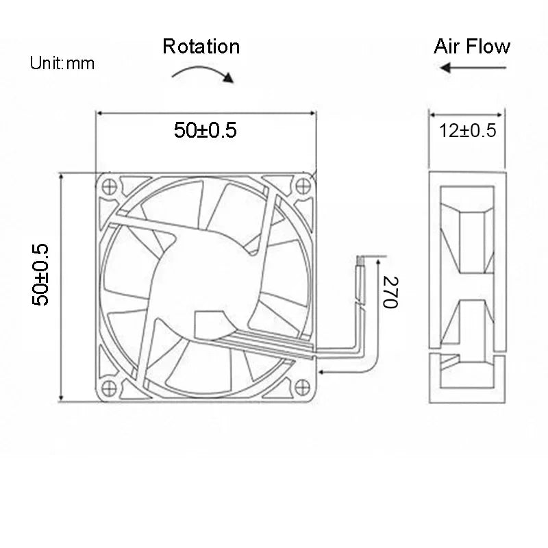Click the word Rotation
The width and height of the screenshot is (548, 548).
pos(201,47)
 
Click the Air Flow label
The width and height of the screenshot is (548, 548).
pos(472,47)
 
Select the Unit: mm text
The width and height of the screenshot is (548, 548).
pos(62,64)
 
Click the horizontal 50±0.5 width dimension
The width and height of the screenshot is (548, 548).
pos(205,130)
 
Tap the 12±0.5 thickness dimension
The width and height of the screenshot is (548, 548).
pos(468,131)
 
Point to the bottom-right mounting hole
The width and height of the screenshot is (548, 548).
pos(303,386)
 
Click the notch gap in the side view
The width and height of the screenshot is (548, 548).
pos(445,358)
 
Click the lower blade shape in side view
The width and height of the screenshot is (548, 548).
pos(469,325)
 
